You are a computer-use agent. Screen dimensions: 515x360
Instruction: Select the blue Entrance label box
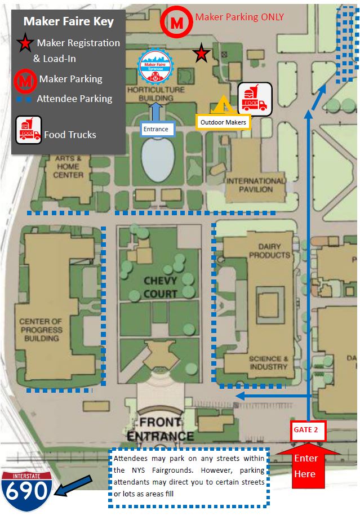[157, 129]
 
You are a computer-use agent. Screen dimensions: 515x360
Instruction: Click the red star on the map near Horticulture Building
[201, 54]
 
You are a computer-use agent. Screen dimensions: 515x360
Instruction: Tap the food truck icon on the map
[255, 99]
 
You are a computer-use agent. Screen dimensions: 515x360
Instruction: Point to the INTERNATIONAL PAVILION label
[255, 185]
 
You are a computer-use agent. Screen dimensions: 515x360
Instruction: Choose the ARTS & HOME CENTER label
[68, 167]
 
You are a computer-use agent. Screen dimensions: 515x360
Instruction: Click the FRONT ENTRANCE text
[160, 429]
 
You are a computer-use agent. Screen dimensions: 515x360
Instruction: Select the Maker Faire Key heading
[68, 22]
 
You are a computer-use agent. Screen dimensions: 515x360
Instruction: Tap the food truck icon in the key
[28, 130]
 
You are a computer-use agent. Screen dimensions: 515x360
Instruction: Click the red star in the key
[24, 42]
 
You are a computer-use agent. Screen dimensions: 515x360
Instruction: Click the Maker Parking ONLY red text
[239, 17]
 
